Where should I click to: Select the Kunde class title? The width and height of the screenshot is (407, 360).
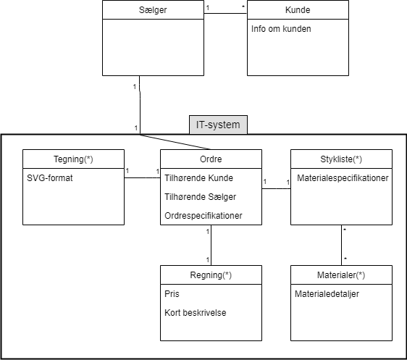click(298, 10)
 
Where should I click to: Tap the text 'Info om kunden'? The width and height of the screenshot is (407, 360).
click(280, 30)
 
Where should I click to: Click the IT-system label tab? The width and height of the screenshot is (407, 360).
click(218, 125)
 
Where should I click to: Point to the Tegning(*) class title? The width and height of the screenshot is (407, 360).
click(73, 159)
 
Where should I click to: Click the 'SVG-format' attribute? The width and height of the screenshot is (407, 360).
click(49, 178)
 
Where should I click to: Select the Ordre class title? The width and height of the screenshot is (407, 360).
click(210, 159)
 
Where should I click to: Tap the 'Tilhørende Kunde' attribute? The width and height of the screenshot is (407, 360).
click(199, 178)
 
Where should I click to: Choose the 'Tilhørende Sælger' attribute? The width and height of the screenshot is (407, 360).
click(201, 196)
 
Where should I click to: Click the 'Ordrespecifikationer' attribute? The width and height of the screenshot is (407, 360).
click(204, 215)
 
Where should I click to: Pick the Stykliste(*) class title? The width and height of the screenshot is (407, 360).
click(340, 159)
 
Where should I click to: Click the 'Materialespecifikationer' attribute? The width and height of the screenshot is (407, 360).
click(342, 178)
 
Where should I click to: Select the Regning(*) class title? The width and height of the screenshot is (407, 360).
click(210, 275)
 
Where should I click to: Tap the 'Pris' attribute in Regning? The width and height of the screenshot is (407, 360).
click(172, 295)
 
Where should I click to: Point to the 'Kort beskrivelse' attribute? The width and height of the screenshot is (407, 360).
click(195, 314)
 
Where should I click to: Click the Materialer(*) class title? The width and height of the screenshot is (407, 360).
click(340, 275)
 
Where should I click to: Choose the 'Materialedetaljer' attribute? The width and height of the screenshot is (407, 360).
click(327, 294)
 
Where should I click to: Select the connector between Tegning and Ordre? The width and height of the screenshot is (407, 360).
click(142, 177)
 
